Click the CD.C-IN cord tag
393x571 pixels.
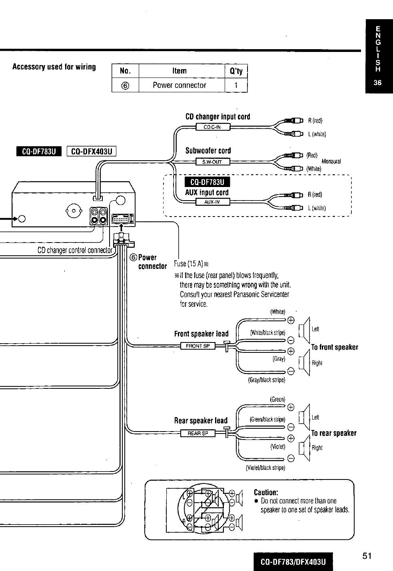click(x=213, y=127)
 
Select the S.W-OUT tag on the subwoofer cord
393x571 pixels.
click(x=213, y=161)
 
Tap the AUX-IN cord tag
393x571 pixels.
click(x=213, y=202)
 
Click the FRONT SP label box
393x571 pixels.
click(x=197, y=346)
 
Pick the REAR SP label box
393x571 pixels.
click(x=197, y=433)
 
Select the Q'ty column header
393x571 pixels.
click(x=236, y=71)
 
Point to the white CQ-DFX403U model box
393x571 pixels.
click(x=91, y=151)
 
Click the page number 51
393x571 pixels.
click(x=367, y=556)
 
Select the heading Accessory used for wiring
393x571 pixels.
click(x=54, y=67)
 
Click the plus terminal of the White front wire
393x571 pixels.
click(x=291, y=320)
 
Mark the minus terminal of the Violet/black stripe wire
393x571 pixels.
click(x=291, y=459)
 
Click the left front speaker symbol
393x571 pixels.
click(x=304, y=330)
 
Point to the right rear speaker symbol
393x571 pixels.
click(x=304, y=448)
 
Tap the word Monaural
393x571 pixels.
click(x=331, y=161)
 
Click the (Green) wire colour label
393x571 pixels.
click(x=277, y=399)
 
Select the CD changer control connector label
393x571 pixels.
click(x=75, y=250)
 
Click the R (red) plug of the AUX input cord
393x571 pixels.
click(x=294, y=195)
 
